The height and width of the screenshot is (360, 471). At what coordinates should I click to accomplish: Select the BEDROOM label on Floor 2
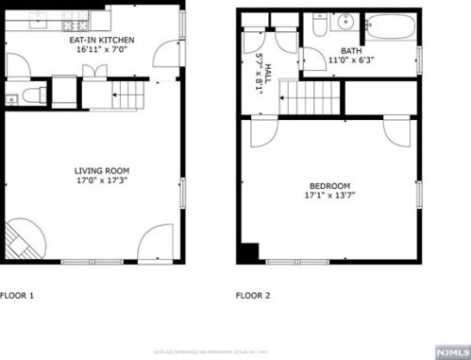coord(328,185)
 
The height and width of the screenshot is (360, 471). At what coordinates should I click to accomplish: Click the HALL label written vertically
coord(267,68)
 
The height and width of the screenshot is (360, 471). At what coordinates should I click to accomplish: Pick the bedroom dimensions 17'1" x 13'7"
coord(328,197)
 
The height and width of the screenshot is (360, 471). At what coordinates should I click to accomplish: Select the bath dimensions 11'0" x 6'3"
coord(350,60)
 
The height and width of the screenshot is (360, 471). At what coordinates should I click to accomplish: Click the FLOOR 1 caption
coord(17,296)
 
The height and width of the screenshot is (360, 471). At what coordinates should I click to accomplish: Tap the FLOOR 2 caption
coord(253,296)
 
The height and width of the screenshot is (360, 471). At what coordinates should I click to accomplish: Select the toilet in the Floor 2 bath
coord(318,26)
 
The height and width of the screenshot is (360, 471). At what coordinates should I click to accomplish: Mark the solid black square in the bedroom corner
coord(248,252)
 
